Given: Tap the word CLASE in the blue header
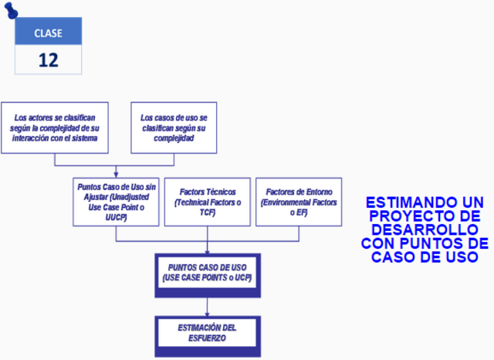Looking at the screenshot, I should pyautogui.click(x=48, y=32).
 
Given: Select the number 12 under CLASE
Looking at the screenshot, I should pyautogui.click(x=48, y=60).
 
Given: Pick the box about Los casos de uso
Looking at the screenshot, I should pyautogui.click(x=179, y=127).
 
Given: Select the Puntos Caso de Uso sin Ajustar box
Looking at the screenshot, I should pyautogui.click(x=117, y=202).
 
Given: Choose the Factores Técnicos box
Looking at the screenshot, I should pyautogui.click(x=207, y=202).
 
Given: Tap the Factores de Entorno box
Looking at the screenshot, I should pyautogui.click(x=298, y=202).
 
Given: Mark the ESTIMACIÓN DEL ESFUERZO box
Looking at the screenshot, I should pyautogui.click(x=207, y=332).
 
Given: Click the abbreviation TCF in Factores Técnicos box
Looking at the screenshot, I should pyautogui.click(x=207, y=211).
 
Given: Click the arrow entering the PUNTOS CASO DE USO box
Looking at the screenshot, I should pyautogui.click(x=207, y=250).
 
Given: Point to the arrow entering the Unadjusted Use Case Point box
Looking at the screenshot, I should pyautogui.click(x=117, y=175).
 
